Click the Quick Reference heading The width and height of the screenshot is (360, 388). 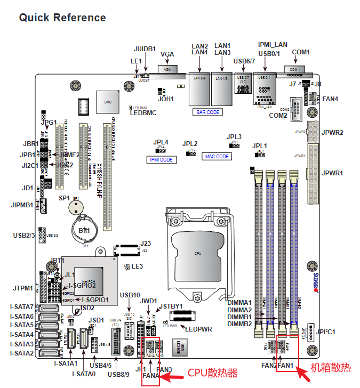pyautogui.click(x=62, y=18)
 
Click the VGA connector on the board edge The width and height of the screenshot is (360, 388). pyautogui.click(x=167, y=70)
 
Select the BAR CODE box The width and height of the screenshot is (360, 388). pyautogui.click(x=208, y=112)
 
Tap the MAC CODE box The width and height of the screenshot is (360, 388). pyautogui.click(x=217, y=157)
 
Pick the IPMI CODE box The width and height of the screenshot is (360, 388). pyautogui.click(x=161, y=159)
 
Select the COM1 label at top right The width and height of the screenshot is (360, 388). pyautogui.click(x=301, y=52)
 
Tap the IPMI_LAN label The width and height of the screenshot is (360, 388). pyautogui.click(x=273, y=45)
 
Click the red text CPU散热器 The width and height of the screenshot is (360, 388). pyautogui.click(x=212, y=373)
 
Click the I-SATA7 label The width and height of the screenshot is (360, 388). pyautogui.click(x=22, y=307)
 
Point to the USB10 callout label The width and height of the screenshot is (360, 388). pyautogui.click(x=130, y=295)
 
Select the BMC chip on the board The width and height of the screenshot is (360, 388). pyautogui.click(x=107, y=101)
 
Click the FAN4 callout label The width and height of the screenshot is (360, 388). pyautogui.click(x=331, y=99)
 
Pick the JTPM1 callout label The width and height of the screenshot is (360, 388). pyautogui.click(x=23, y=288)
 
